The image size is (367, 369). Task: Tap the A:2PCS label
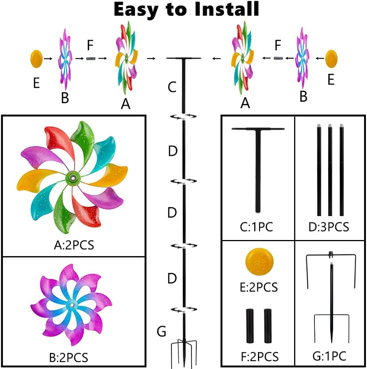coord(74,245)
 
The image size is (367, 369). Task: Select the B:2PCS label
coord(69,357)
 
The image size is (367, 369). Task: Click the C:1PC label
coord(256,227)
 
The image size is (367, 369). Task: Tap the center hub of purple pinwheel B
coord(71,305)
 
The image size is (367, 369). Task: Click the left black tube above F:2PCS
coord(250,326)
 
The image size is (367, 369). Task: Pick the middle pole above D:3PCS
coord(330,170)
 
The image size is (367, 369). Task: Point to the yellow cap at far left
coord(35,58)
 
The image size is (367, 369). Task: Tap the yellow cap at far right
coord(331,58)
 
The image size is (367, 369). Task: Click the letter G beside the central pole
coord(161,332)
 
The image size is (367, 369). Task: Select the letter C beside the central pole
coord(172,87)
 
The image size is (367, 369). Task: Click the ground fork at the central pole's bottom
coord(184,350)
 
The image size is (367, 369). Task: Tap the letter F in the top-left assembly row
coord(90,46)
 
